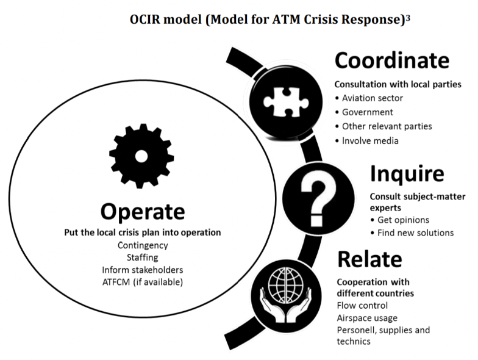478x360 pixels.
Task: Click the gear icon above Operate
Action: (x=141, y=156)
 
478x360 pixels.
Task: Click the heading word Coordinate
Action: (x=391, y=60)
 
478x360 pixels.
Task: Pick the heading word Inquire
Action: (x=407, y=174)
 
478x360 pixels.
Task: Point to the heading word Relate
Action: (x=369, y=259)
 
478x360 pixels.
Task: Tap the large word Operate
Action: (x=143, y=211)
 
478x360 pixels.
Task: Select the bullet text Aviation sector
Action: (x=373, y=98)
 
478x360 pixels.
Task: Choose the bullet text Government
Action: (x=367, y=112)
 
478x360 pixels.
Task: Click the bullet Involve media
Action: (x=370, y=141)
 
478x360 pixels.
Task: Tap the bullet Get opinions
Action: (x=403, y=220)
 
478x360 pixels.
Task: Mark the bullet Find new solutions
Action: (x=415, y=232)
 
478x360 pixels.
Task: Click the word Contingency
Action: (x=143, y=245)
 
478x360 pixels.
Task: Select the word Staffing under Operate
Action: (x=143, y=257)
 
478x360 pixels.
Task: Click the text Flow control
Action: (x=362, y=305)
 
